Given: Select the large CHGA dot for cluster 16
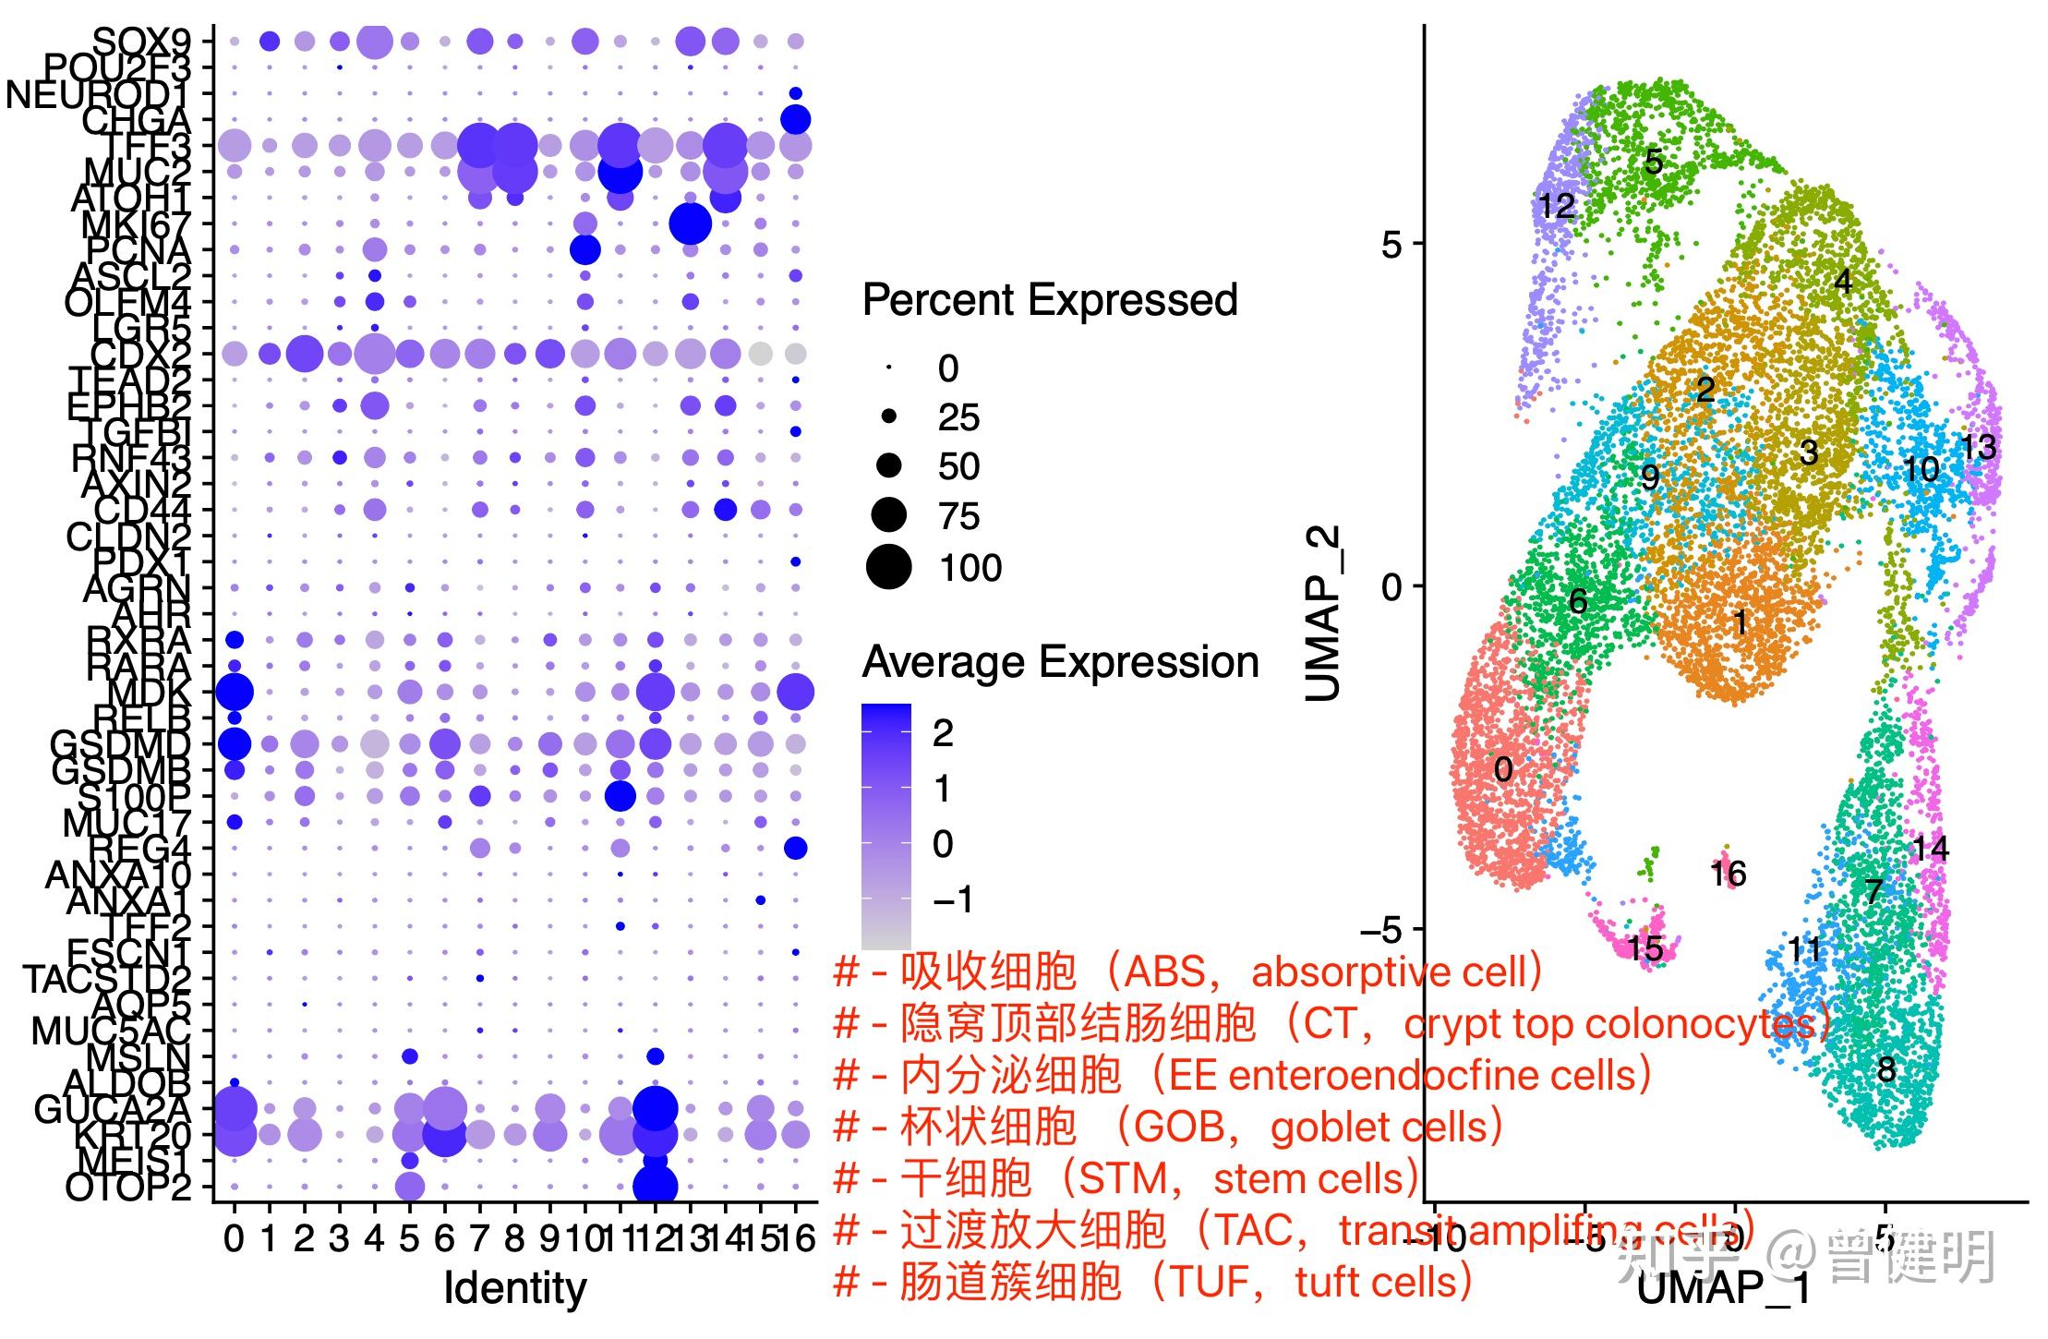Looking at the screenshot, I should [795, 119].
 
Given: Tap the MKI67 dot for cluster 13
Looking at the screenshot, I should [690, 223].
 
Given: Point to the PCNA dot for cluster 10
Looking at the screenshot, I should [584, 249].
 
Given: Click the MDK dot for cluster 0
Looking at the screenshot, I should [235, 691].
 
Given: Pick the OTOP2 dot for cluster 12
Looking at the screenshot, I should [656, 1186].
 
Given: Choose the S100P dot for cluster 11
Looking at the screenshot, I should [620, 795].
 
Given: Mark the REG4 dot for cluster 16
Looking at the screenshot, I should [795, 848].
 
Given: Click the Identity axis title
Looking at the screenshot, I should [514, 1288].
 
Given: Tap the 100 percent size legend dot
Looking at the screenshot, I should [888, 567].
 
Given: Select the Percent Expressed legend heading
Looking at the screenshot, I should [1049, 300].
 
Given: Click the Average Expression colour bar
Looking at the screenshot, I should [885, 826].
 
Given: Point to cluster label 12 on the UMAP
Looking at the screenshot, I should [1557, 205].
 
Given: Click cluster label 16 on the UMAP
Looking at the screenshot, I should [1729, 874].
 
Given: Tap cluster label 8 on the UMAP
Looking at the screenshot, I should [1885, 1069].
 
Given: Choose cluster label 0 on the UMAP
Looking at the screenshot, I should [1503, 769].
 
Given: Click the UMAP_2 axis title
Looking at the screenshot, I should [1322, 614].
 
